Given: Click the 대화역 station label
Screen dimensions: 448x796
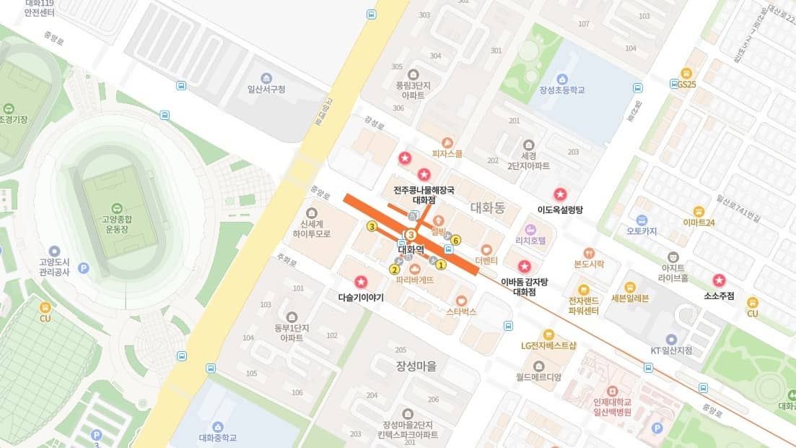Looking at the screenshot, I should pos(411,250).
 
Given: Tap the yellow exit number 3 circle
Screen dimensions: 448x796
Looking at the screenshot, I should pos(372,226).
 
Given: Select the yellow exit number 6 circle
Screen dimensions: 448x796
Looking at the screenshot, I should pos(456,241).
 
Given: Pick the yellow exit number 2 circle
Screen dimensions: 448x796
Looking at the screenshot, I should pos(394,270).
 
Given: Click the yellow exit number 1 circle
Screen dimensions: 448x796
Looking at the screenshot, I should pos(442,264).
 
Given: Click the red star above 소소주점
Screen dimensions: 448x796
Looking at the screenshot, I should pos(719,280).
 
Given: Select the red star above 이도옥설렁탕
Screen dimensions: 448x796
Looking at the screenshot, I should pos(559,194).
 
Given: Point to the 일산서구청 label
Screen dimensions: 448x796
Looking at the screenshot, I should pos(266,89).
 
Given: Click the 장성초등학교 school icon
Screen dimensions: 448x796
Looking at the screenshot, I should pos(562,78).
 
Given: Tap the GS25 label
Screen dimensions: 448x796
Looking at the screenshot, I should pos(686,84).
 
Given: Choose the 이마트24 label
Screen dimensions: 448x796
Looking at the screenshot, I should pos(699,223).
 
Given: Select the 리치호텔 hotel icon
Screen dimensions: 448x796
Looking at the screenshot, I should pos(530,229).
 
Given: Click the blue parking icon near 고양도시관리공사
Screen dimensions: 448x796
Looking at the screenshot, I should pos(83,268).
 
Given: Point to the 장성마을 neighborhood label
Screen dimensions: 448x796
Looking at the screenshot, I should pos(416,366).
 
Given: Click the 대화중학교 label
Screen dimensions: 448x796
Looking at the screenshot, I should pos(218,438).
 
